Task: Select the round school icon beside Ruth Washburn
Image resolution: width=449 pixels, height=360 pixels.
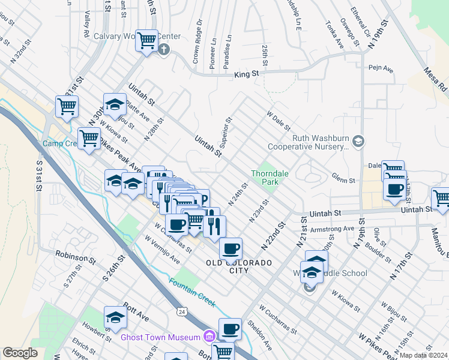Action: pos(358,141)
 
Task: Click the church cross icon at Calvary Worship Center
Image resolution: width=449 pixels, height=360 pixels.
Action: pos(164,49)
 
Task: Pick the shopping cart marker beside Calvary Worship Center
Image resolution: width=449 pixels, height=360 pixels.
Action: pos(146,41)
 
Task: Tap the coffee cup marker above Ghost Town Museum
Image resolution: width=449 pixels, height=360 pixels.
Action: pos(230,329)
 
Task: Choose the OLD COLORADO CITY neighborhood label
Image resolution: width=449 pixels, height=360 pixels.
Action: pos(239,267)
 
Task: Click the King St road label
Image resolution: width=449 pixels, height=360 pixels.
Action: pos(246,74)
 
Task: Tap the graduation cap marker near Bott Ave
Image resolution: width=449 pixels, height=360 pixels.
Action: pos(115,317)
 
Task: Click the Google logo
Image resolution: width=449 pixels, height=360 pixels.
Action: pos(20,352)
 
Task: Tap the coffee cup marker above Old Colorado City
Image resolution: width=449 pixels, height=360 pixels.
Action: pos(231,248)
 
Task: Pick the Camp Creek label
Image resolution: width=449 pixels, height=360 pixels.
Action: pos(58,144)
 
